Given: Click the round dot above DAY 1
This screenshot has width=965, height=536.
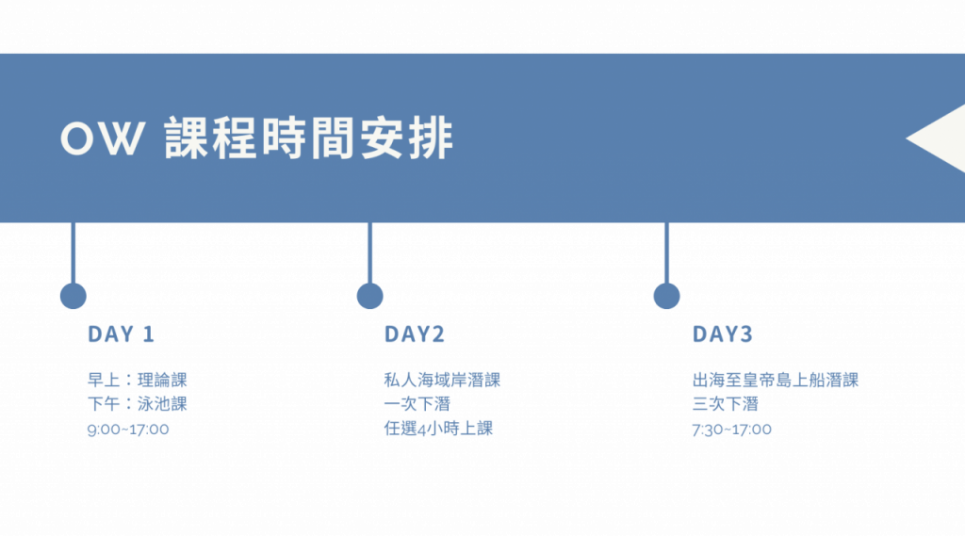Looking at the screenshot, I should (x=74, y=296).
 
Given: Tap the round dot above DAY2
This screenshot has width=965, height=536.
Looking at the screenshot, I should (x=370, y=296).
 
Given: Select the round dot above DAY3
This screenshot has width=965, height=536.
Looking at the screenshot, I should (x=666, y=296).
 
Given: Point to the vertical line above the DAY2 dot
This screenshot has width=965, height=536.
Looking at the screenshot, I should (x=369, y=252).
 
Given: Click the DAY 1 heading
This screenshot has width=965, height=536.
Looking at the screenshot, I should (x=121, y=334).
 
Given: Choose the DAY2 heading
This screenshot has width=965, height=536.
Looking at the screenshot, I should (x=414, y=334).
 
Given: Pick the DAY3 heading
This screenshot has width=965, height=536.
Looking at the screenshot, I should (x=723, y=334).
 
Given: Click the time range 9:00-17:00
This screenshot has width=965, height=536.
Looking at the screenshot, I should (x=128, y=429).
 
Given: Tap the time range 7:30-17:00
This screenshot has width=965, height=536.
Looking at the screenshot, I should (x=732, y=429).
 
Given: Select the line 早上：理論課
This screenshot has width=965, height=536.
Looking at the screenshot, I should (x=138, y=380).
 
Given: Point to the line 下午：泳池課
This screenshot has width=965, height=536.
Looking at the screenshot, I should (x=138, y=404).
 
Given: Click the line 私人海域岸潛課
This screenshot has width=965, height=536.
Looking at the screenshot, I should (x=442, y=380).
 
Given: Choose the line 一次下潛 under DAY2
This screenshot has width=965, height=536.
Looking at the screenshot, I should (x=417, y=404).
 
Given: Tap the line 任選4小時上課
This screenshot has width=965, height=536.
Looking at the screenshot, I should (x=438, y=429).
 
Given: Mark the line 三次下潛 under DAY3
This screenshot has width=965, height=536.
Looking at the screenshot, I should (x=725, y=404).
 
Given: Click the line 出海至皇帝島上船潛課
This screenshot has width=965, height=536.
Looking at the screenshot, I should (x=776, y=380).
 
